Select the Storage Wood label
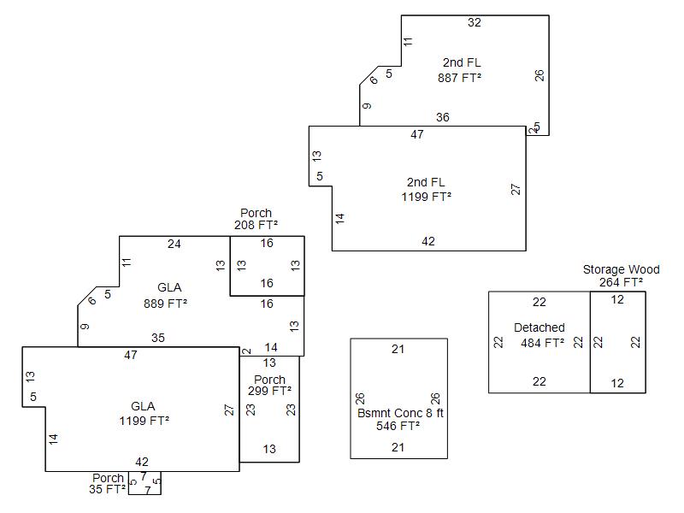[621, 269]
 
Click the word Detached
[539, 327]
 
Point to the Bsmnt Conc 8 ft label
[400, 413]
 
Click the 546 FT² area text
[398, 425]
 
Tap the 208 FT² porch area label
[256, 225]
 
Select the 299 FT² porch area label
[269, 391]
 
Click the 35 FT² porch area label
[107, 490]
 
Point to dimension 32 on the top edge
[475, 23]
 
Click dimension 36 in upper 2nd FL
[442, 117]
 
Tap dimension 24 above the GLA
[174, 244]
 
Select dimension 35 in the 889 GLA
[158, 338]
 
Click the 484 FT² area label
[542, 344]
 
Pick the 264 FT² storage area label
[621, 281]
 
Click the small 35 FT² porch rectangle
[144, 483]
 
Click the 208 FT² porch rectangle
[267, 265]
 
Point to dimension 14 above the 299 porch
[271, 347]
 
